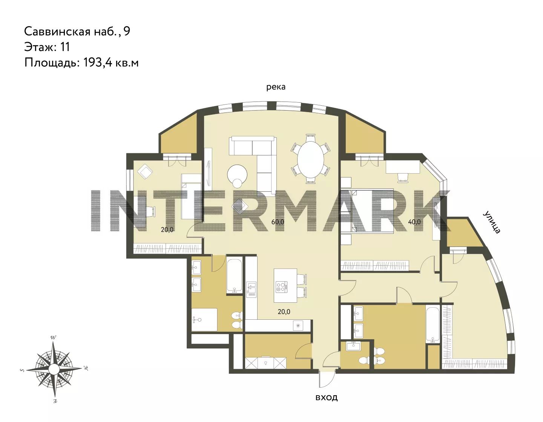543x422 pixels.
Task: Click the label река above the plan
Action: coord(276,87)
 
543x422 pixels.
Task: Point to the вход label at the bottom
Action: coord(326,397)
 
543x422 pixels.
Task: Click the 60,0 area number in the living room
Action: coord(278,222)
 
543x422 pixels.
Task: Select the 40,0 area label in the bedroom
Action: coord(414,222)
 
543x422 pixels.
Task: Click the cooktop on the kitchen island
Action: coord(281,286)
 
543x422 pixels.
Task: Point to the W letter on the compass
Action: coord(53,337)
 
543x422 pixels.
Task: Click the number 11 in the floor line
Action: coord(65,47)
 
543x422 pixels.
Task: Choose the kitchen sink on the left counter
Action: coord(251,289)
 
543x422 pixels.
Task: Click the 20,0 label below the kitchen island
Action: coord(284,312)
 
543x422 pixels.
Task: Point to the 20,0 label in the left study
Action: coord(167,229)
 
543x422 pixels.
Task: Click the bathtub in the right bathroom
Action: coord(433,325)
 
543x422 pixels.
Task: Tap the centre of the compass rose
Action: coord(54,368)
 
